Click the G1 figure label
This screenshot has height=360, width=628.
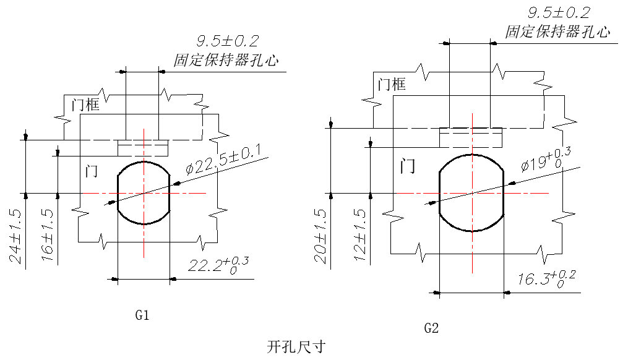pos(142,315)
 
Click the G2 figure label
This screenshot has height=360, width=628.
pos(431,328)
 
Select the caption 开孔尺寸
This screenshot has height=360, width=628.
pos(296,346)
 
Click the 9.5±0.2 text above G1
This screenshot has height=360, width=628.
pos(227,41)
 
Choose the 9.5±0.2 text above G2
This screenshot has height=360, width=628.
pos(558,12)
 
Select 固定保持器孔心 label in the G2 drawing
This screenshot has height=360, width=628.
pos(557,32)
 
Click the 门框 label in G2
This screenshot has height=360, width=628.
pos(391,84)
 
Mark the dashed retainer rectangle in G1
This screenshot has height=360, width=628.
pos(143,148)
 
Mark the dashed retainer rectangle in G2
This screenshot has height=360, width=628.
pos(470,137)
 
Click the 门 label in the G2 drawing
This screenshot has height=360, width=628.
pos(407,165)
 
